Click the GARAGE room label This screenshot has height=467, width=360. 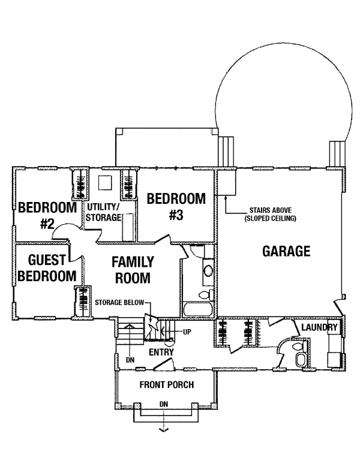coord(286,251)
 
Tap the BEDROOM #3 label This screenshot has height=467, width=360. coord(176,206)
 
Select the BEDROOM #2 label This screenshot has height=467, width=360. coord(47,215)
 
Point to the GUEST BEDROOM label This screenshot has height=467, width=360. coord(47,268)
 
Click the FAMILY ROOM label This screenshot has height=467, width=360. coord(133,270)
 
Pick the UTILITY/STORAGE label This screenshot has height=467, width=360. coord(103,212)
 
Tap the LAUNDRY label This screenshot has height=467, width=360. coord(319,327)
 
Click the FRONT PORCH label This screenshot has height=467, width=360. coord(167,384)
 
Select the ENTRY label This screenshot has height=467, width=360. coord(161,352)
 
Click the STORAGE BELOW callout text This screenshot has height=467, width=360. coord(119,303)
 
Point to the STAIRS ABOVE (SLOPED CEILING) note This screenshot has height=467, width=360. coord(270,215)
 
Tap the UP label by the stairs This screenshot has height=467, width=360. coord(187,332)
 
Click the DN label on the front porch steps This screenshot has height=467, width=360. coord(164,404)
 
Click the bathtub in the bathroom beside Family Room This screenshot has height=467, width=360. coord(199,310)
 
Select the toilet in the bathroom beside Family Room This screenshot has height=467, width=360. coord(206,295)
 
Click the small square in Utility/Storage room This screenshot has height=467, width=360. coord(105,183)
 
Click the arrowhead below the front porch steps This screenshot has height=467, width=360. coord(164,429)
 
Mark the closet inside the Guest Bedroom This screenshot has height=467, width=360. coord(83,302)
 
